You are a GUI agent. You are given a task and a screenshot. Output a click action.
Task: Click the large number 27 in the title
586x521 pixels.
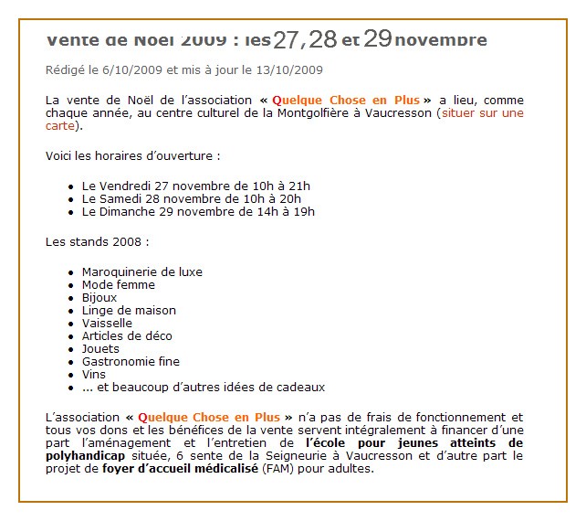288,39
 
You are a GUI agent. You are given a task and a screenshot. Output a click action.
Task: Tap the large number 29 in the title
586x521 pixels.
378,38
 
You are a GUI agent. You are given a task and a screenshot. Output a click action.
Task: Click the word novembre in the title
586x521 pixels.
442,40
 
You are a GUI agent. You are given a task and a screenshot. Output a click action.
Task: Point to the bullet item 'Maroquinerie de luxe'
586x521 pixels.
142,271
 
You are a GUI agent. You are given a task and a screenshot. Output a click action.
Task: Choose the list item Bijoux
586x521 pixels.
99,297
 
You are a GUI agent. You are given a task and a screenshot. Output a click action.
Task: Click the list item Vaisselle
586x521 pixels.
107,323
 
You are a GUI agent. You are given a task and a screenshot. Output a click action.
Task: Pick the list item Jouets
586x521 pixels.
100,348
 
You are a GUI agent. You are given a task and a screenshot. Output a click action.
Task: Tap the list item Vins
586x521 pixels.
94,374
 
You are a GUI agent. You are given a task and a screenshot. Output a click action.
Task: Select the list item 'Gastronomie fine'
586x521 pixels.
131,361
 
